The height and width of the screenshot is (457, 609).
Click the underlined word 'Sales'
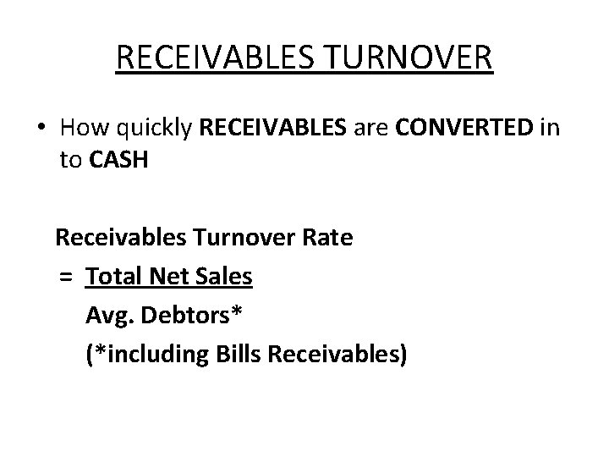pyautogui.click(x=222, y=276)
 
